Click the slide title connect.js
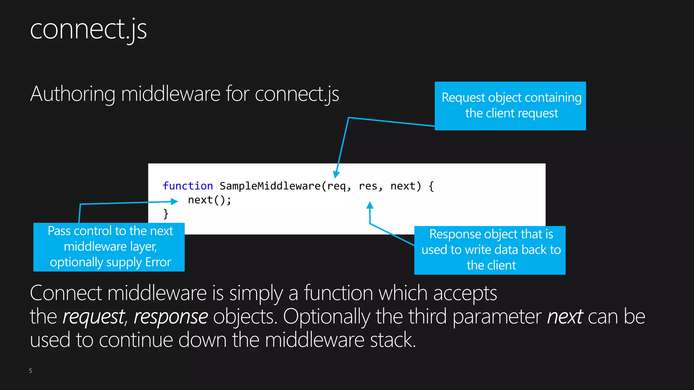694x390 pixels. click(88, 30)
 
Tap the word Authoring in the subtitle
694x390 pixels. click(73, 94)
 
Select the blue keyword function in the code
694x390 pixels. click(187, 186)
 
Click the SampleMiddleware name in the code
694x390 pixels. click(270, 186)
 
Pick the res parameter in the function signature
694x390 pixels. click(368, 186)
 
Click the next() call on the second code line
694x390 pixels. click(209, 200)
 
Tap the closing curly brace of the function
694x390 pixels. click(166, 214)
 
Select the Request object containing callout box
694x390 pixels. click(510, 106)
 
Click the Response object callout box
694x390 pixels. click(490, 250)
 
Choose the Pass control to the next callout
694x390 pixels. click(109, 247)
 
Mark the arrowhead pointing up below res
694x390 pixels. click(370, 205)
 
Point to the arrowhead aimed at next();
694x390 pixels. click(174, 201)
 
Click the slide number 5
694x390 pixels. click(30, 371)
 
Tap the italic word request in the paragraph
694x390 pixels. click(94, 317)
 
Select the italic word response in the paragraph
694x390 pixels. click(171, 317)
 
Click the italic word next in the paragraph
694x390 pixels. click(565, 317)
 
